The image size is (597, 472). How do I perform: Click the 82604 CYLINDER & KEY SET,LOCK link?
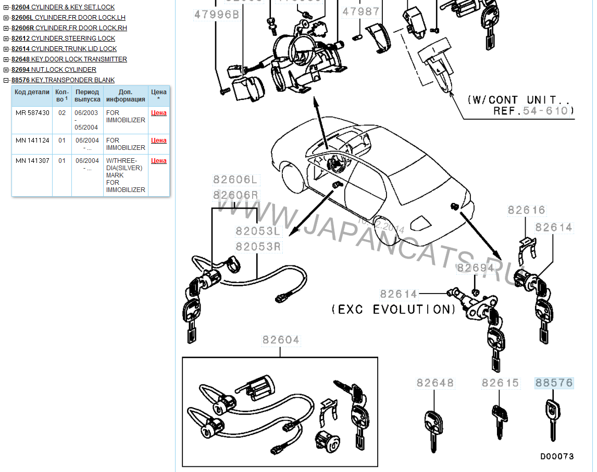63,7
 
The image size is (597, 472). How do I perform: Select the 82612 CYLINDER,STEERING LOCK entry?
63,39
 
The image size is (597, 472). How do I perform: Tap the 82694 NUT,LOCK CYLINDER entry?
54,70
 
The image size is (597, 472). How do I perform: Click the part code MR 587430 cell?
32,113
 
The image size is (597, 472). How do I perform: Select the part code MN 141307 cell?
32,161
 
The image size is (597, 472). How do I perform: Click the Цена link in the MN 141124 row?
159,141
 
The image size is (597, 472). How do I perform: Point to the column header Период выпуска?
87,96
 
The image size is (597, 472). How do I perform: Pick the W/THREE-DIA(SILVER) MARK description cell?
125,175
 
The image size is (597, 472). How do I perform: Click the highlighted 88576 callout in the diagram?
554,383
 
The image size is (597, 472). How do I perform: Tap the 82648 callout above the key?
435,383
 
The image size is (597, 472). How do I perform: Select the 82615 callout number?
500,383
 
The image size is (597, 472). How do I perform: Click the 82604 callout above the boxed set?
281,340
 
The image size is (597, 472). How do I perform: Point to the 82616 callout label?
526,210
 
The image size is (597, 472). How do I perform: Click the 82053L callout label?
258,231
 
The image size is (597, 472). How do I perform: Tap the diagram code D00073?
556,456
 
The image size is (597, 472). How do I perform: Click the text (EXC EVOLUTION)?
393,310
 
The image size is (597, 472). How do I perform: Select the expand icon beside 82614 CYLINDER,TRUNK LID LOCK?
6,49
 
